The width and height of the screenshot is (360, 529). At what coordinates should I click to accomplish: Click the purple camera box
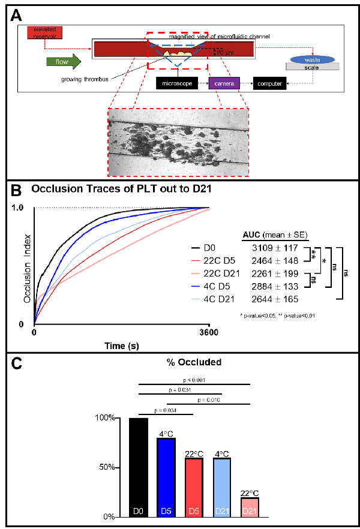pyautogui.click(x=224, y=83)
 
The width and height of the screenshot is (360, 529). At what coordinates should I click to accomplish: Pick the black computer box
pyautogui.click(x=270, y=83)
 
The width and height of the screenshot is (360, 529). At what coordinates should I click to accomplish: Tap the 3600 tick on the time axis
pyautogui.click(x=208, y=334)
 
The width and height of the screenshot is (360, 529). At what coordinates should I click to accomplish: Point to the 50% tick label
pyautogui.click(x=106, y=467)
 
